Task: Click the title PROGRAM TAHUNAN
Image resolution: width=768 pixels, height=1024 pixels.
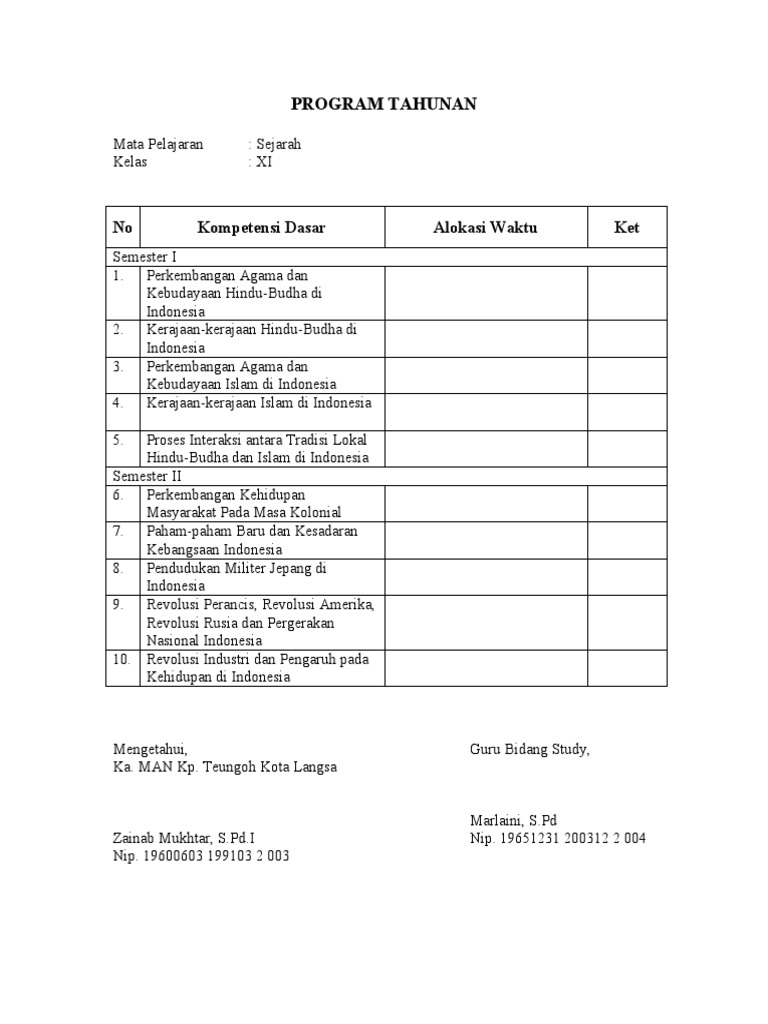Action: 384,104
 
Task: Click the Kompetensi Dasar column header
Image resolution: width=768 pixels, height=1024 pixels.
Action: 261,228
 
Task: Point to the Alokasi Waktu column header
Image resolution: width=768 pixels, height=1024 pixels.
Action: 485,228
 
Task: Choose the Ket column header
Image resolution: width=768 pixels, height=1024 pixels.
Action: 626,228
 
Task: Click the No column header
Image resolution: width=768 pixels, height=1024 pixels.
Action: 123,228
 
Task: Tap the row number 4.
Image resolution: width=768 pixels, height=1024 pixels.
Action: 118,403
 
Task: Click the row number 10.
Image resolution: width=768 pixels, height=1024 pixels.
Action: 122,659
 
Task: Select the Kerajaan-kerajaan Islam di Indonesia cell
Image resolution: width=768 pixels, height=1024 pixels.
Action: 259,403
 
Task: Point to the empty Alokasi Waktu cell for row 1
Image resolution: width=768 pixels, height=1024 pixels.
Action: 485,293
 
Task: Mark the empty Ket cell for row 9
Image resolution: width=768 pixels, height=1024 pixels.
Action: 626,622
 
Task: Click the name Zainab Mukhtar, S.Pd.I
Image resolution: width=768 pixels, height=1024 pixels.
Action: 190,838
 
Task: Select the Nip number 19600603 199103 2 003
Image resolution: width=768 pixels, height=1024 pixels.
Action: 201,856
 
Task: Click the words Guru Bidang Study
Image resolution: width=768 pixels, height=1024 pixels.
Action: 530,749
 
